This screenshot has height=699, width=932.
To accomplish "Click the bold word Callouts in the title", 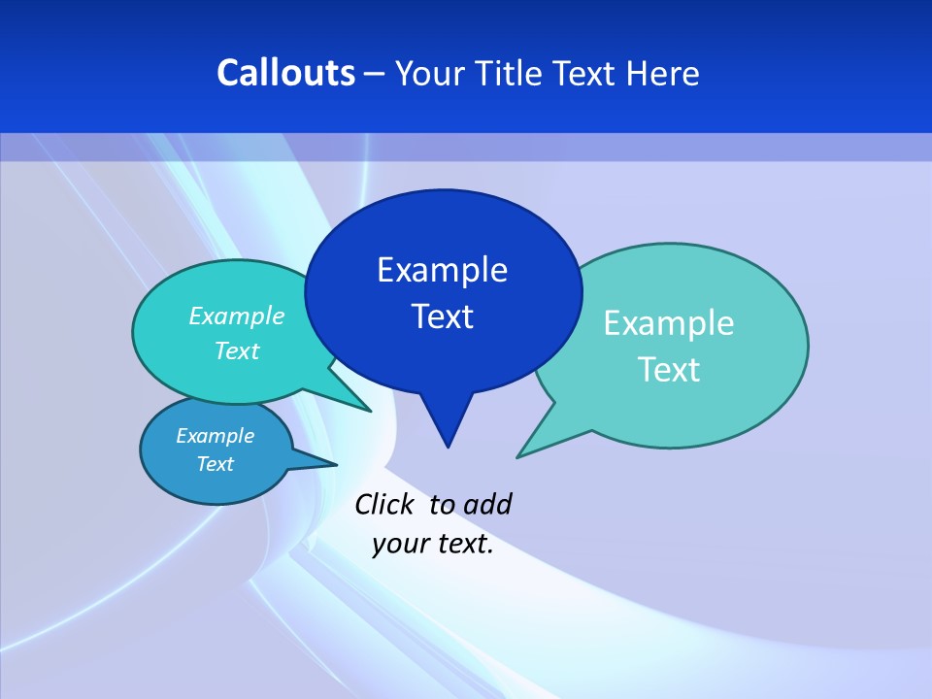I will coord(285,73).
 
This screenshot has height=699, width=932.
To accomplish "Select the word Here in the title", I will coord(664,74).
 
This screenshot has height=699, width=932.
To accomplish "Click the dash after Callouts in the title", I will coord(375,74).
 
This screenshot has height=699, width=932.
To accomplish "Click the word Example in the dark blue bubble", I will coord(442,270).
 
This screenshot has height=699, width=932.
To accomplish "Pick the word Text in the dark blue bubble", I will coord(442,316).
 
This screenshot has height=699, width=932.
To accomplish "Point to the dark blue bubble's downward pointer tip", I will coord(448,446).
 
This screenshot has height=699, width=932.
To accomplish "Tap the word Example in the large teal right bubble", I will coord(669,323).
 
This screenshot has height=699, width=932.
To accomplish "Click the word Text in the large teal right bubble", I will coord(669,370).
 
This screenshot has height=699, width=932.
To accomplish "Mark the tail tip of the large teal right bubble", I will coord(518,456).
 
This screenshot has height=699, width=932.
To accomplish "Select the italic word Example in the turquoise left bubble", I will coord(237,316).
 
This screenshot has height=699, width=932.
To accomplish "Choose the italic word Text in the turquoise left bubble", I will coord(237,351).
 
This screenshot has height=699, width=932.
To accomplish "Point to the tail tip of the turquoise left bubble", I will coord(370,411).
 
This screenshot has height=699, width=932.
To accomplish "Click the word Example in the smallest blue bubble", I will coord(215,436).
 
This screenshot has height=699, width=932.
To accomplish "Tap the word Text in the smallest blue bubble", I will coord(215,464).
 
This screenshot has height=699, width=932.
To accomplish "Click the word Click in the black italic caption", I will coord(383,504).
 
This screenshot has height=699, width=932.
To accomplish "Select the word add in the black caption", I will coord(487,504).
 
